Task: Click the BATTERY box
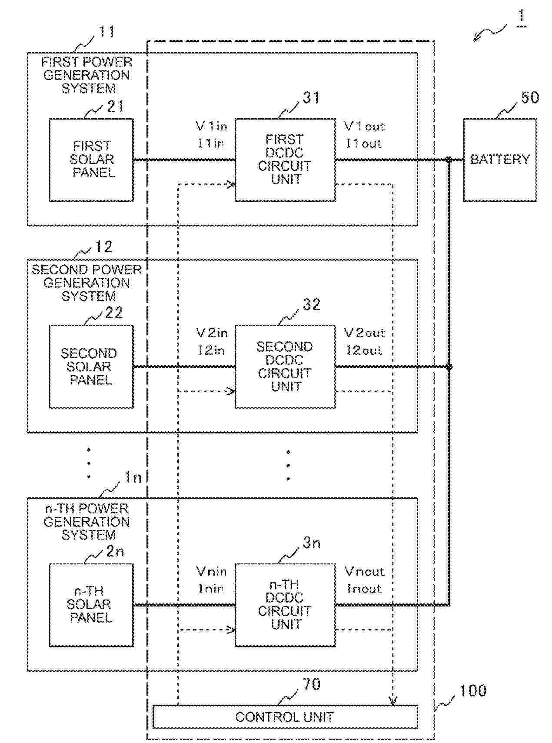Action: (499, 160)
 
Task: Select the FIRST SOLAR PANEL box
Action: (91, 160)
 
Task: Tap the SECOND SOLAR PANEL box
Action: (91, 367)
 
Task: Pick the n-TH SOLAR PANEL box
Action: (91, 605)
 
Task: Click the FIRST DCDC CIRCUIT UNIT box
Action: (285, 160)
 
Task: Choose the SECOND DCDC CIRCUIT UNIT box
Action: (285, 367)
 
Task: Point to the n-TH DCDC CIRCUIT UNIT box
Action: (285, 605)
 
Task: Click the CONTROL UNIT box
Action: (285, 717)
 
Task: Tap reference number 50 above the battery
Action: (529, 97)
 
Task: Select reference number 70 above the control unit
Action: (311, 685)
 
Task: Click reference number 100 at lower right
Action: (473, 690)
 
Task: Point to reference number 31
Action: (311, 98)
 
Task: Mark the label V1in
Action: (212, 127)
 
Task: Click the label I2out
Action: (364, 350)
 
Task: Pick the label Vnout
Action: (364, 571)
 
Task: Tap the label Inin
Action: (211, 589)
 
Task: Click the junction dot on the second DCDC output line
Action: (449, 367)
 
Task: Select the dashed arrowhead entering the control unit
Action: (393, 701)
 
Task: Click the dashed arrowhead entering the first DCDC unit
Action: (231, 184)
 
